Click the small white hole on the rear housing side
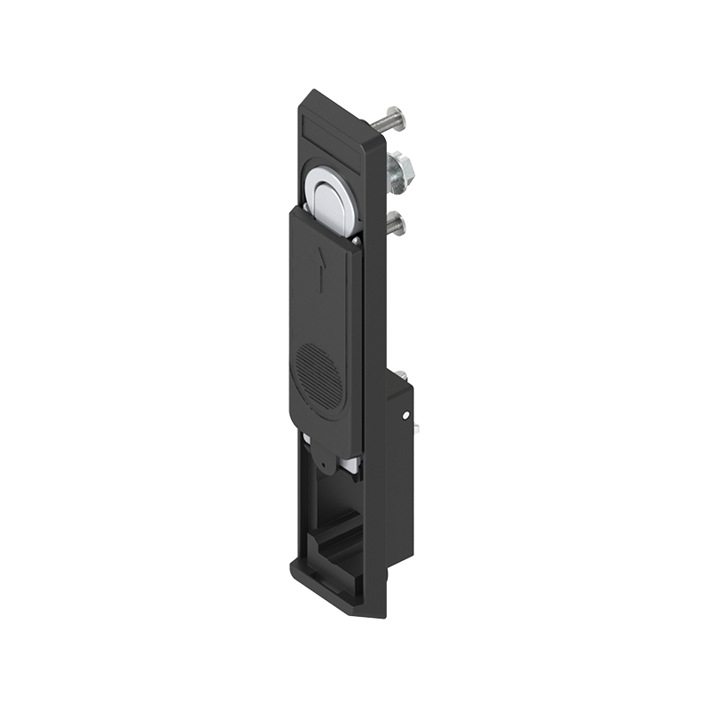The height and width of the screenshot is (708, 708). point(405,414)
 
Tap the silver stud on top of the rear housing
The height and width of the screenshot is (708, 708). point(401,375)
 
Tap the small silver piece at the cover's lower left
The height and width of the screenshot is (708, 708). point(304,439)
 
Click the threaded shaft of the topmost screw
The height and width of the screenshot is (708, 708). point(378,119)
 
